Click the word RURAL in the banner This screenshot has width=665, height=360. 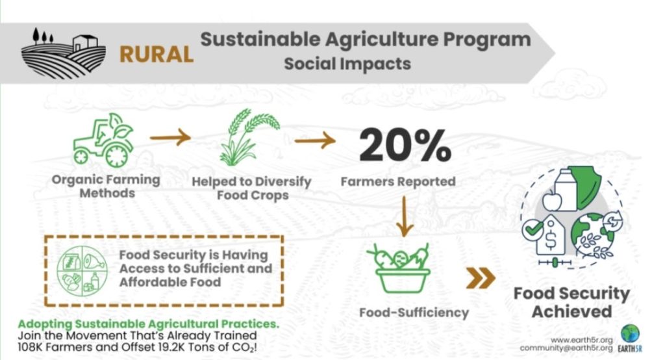pyautogui.click(x=157, y=55)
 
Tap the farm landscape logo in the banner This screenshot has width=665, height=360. pyautogui.click(x=64, y=53)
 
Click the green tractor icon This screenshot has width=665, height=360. pyautogui.click(x=103, y=140)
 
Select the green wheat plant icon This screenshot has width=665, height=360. pyautogui.click(x=249, y=137)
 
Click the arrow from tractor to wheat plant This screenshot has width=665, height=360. pyautogui.click(x=171, y=137)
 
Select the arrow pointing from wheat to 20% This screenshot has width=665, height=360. pyautogui.click(x=315, y=140)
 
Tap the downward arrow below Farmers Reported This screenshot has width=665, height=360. pyautogui.click(x=405, y=216)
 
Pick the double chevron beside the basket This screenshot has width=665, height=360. pyautogui.click(x=481, y=279)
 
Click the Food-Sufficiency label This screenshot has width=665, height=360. pyautogui.click(x=414, y=313)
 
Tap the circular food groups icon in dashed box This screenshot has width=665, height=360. pyautogui.click(x=82, y=270)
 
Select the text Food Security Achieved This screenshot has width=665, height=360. pyautogui.click(x=571, y=302)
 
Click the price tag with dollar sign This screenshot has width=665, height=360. pyautogui.click(x=551, y=236)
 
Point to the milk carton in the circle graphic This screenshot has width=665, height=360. pyautogui.click(x=566, y=190)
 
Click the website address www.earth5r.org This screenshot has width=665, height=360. pyautogui.click(x=582, y=341)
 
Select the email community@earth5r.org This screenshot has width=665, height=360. pyautogui.click(x=566, y=348)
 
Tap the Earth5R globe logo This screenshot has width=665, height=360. pyautogui.click(x=630, y=334)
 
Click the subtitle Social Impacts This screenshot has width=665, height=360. pyautogui.click(x=347, y=64)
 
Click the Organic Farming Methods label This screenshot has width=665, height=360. pyautogui.click(x=106, y=186)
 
